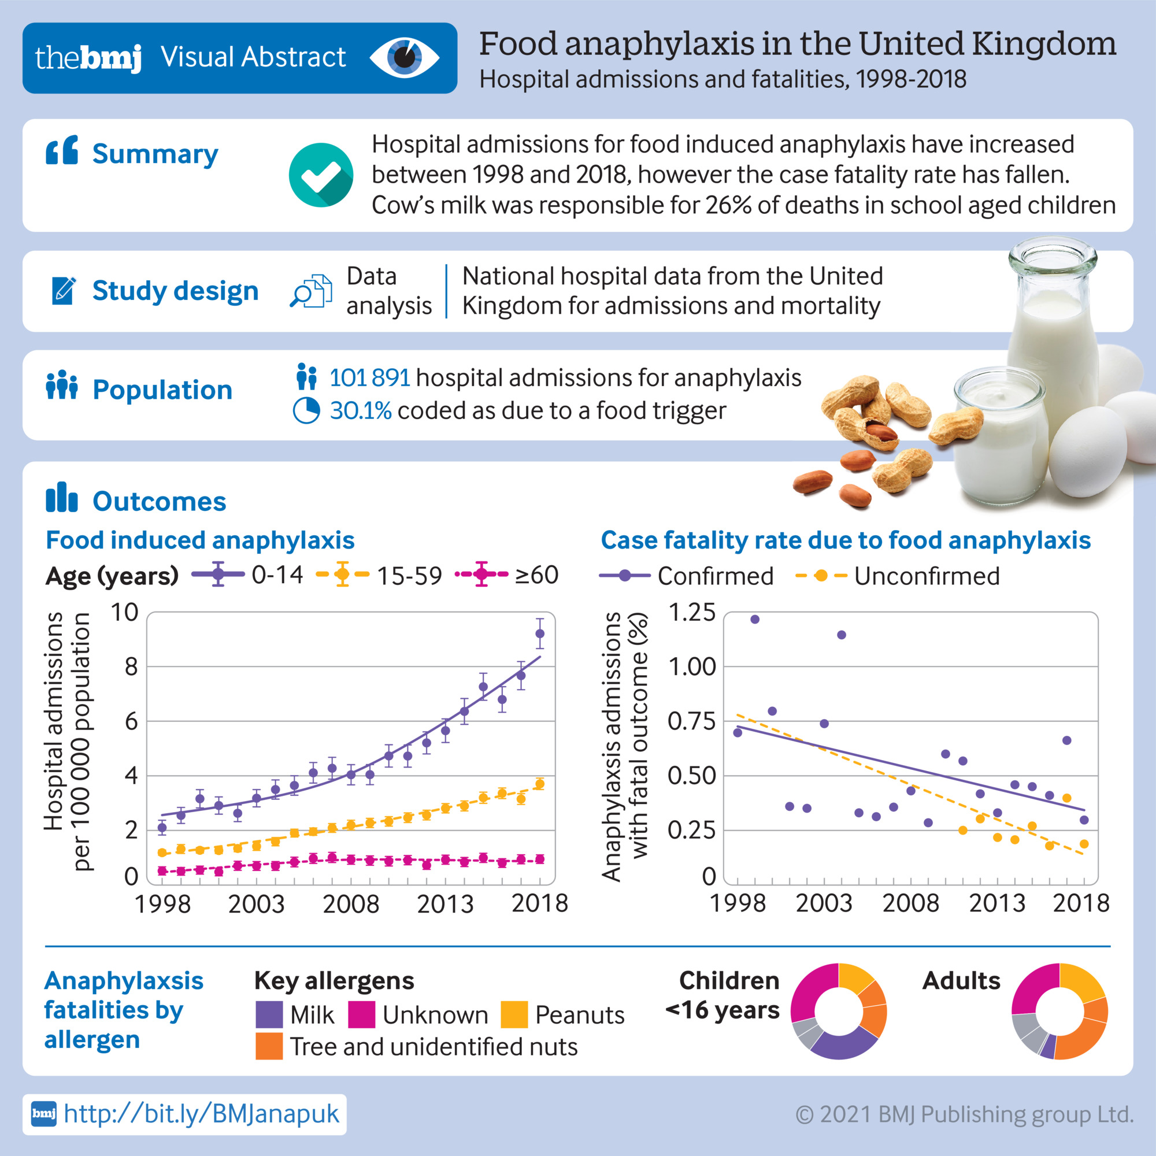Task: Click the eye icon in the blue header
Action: [405, 57]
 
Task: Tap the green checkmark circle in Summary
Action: [321, 175]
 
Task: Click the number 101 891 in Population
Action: [369, 378]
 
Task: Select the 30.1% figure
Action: [360, 411]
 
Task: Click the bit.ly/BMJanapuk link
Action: [201, 1114]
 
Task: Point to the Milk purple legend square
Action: [269, 1015]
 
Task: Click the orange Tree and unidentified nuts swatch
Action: [269, 1047]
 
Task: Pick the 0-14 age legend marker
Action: [218, 575]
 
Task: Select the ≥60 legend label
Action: [537, 575]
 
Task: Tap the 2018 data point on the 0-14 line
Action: [540, 633]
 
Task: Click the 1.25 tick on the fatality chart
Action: [691, 612]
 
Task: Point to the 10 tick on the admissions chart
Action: [124, 612]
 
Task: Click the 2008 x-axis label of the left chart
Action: [351, 903]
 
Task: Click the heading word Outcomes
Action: [159, 501]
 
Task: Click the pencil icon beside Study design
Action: [64, 291]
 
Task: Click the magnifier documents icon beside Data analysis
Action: [311, 291]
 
